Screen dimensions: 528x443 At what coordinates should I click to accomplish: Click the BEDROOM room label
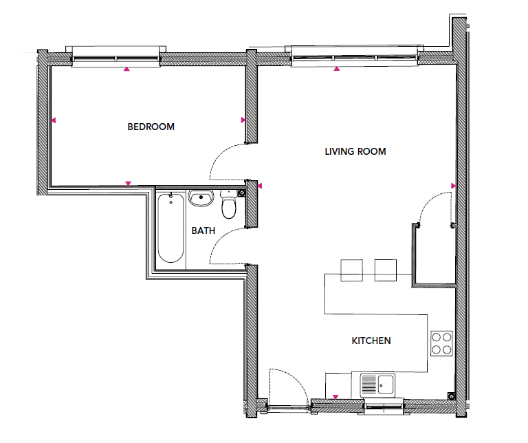tap(151, 127)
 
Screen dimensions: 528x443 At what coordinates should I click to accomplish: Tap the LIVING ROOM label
tap(355, 151)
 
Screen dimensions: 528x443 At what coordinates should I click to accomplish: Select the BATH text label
tap(203, 230)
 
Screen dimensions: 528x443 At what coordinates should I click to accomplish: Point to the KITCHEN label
tap(371, 341)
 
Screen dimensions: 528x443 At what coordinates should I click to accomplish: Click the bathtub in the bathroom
tap(170, 228)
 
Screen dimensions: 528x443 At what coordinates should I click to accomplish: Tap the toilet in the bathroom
tap(229, 204)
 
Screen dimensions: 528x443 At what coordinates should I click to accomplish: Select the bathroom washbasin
tap(201, 198)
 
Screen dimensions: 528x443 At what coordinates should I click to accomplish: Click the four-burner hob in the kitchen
tap(441, 343)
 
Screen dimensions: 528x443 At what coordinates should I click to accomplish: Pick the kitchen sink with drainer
tap(377, 385)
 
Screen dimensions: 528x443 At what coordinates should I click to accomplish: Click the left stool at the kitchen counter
tap(351, 270)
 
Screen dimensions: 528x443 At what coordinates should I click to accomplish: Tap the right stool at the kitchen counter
tap(386, 270)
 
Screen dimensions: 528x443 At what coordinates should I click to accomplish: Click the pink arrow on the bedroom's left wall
tap(53, 120)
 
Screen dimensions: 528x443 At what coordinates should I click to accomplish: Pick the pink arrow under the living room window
tap(337, 69)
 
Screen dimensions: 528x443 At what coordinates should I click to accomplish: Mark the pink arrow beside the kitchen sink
tap(335, 397)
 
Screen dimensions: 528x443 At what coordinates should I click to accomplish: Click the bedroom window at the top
tap(115, 58)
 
